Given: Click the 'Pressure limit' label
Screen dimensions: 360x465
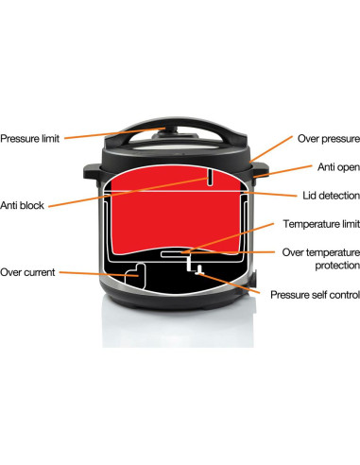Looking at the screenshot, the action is pos(30,139).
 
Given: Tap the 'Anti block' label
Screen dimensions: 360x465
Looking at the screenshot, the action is pos(22,205).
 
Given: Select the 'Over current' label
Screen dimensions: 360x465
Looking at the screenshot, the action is pos(27,272).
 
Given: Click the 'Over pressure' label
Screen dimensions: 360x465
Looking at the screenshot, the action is pos(329,139).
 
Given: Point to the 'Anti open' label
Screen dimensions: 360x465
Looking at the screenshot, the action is pos(338,167).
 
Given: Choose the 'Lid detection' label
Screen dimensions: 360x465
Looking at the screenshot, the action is pos(331,196).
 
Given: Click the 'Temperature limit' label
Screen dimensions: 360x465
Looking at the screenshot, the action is pos(321,224).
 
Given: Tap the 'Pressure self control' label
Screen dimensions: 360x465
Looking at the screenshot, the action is pos(315,295).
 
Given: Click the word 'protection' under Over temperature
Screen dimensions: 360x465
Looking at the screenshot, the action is pos(337,266).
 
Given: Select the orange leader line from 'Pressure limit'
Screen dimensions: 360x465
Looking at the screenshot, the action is pos(115,133).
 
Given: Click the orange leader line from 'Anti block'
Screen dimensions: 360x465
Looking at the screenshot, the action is pos(128,193).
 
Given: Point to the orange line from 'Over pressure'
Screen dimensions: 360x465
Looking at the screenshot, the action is pos(271,149).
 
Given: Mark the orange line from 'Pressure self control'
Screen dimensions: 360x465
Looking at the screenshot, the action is pos(230,284).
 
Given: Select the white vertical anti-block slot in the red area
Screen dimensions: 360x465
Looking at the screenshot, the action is pos(210,178).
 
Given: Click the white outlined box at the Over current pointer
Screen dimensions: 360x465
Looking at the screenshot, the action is pos(135,276).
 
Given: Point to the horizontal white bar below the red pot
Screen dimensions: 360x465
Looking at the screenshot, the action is pos(173,253).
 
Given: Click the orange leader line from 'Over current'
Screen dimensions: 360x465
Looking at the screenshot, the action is pos(99,274).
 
